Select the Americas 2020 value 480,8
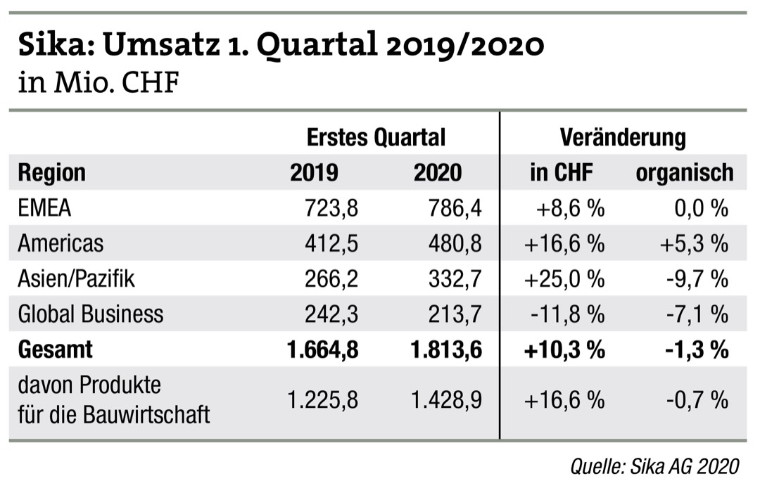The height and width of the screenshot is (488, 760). (455, 243)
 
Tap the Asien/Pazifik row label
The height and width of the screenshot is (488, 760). (76, 278)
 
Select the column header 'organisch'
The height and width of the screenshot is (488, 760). (684, 172)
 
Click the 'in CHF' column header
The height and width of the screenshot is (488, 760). (562, 172)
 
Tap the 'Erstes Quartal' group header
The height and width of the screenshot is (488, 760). (376, 136)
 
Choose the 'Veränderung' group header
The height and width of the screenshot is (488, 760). (623, 136)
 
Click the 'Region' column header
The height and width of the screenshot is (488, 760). (51, 172)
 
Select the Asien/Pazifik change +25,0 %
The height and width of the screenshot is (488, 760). (564, 278)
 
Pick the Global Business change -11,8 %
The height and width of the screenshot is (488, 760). (566, 314)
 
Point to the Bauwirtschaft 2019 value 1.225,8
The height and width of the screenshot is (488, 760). (323, 400)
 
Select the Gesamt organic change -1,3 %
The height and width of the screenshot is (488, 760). (697, 349)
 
